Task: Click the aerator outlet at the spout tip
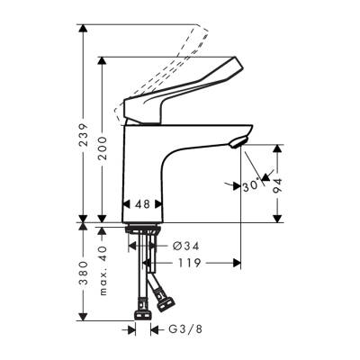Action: [237, 139]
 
